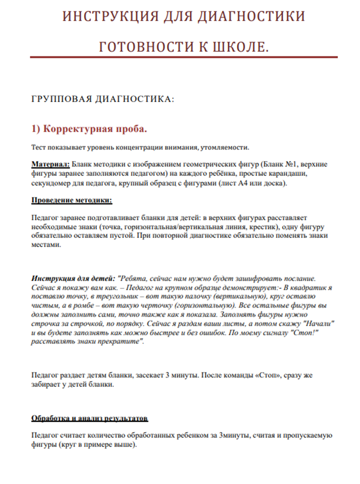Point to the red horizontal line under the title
[x=184, y=57]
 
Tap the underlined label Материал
[x=51, y=164]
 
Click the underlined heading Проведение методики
[x=72, y=200]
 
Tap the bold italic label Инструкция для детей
[x=73, y=279]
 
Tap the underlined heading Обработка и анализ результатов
[x=90, y=418]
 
